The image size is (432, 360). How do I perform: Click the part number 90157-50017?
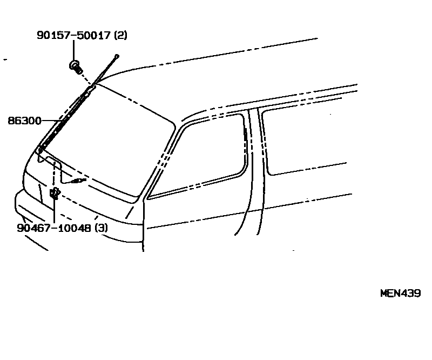[74, 36]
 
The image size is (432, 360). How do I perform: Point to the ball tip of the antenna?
[117, 56]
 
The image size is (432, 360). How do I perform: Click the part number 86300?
[24, 121]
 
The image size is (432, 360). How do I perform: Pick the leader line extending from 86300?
[51, 121]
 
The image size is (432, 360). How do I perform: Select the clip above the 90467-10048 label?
[54, 194]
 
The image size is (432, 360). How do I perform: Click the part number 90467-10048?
[54, 228]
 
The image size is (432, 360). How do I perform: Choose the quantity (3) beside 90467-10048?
[101, 228]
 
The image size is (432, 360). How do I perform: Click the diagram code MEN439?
[400, 294]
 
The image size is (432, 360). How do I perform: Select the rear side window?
[308, 141]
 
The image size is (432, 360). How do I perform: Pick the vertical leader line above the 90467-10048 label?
[55, 211]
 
